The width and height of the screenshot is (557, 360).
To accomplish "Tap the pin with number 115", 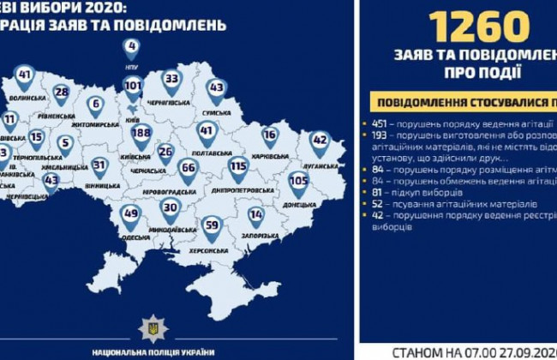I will click(x=237, y=166).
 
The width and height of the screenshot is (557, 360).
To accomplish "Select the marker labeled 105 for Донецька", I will click(x=298, y=181).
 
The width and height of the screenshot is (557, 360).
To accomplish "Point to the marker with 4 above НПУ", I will click(x=131, y=46).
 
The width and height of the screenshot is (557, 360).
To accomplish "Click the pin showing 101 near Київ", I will click(x=132, y=87).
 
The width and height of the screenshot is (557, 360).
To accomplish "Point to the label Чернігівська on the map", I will click(x=171, y=101).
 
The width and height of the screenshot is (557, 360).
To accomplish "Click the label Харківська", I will click(x=270, y=155).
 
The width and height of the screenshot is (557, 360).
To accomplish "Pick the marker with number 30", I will click(x=171, y=208).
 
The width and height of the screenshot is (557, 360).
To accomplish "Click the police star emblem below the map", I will click(x=153, y=327).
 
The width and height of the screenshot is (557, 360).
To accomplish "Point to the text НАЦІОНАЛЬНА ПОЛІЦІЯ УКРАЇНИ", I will click(x=153, y=351).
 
